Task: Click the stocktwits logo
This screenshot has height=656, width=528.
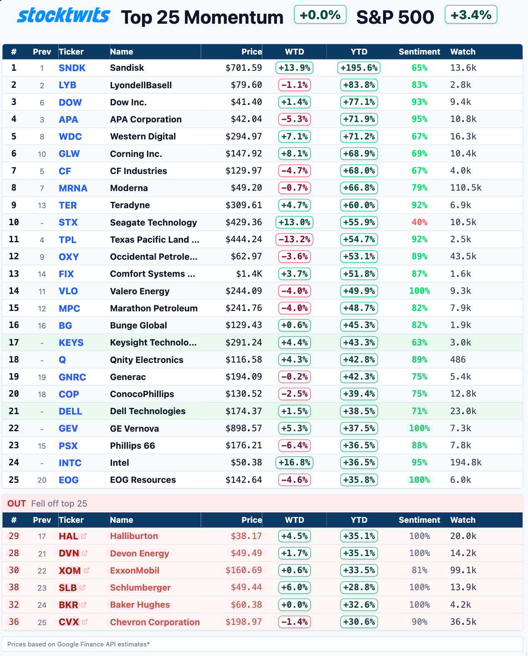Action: tap(64, 16)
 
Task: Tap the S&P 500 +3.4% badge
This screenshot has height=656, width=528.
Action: tap(471, 15)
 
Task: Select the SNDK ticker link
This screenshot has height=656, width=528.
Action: tap(72, 68)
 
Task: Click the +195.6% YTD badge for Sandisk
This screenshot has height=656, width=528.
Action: tap(359, 68)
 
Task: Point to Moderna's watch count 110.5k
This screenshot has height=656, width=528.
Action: tap(466, 188)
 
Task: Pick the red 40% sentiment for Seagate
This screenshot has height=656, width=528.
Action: tap(419, 222)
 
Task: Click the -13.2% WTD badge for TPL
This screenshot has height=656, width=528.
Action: tap(294, 239)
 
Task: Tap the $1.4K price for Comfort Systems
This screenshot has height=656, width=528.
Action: tap(249, 274)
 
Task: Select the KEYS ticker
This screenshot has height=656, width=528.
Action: tap(71, 343)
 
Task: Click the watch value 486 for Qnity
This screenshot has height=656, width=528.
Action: tap(458, 360)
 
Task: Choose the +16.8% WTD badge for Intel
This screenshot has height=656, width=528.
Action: tap(294, 462)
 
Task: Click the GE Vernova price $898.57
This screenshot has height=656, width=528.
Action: tap(244, 428)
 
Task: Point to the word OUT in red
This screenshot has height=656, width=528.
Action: tap(17, 504)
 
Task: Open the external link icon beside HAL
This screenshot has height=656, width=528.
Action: tap(84, 536)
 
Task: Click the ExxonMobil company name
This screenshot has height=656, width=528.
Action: tap(134, 571)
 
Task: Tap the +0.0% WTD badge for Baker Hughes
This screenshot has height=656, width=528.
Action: tap(294, 605)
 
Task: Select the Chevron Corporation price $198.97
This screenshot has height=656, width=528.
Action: tap(244, 622)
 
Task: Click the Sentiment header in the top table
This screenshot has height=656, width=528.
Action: tap(419, 52)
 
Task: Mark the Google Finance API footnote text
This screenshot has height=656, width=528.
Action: tap(78, 644)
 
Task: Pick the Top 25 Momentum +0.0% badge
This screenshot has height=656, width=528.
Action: tap(320, 15)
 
